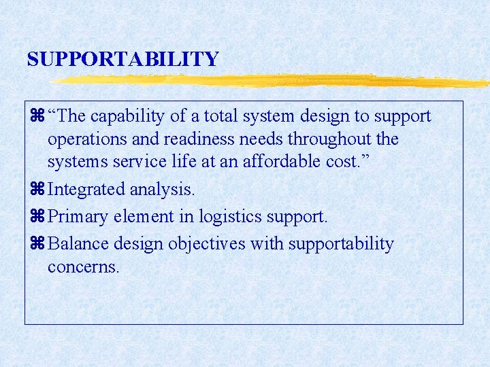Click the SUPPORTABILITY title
click(122, 59)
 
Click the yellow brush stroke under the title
click(272, 82)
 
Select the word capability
click(128, 117)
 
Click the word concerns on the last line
click(83, 266)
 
